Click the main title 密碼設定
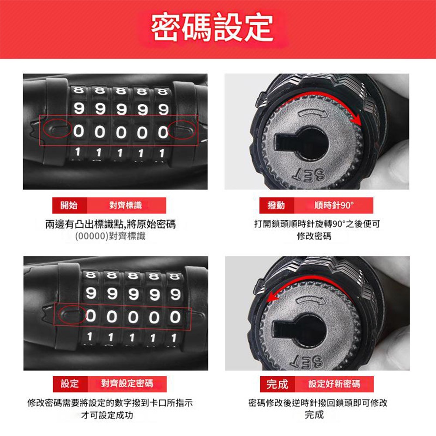point(212,28)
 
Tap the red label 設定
point(70,384)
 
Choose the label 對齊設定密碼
point(127,384)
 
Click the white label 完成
point(277,384)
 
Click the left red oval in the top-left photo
point(57,130)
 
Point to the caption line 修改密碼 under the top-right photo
point(313,237)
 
